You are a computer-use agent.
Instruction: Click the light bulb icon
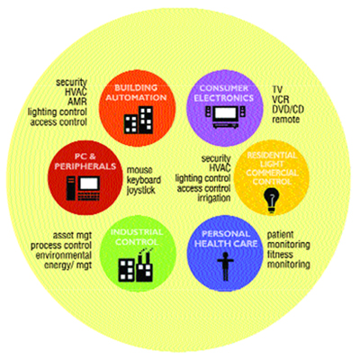click(271, 200)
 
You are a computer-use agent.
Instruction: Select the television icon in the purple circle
click(225, 117)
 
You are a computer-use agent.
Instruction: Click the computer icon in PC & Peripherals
click(83, 188)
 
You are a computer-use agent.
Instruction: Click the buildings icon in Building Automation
click(139, 120)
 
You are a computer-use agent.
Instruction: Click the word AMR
click(77, 102)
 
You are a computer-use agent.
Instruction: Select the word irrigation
click(214, 198)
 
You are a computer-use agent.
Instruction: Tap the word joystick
click(140, 191)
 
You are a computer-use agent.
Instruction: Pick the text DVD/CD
click(288, 109)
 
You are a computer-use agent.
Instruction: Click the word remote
click(286, 120)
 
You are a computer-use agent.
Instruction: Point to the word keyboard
click(144, 180)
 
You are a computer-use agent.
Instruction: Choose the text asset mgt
click(72, 235)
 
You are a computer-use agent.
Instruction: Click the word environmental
click(64, 256)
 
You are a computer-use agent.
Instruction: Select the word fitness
click(280, 255)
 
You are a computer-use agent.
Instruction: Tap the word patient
click(280, 235)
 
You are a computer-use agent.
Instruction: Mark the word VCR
click(281, 99)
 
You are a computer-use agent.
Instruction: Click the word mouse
click(139, 170)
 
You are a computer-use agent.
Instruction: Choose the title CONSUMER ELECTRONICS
click(224, 93)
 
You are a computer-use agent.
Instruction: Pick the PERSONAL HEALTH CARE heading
click(226, 238)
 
